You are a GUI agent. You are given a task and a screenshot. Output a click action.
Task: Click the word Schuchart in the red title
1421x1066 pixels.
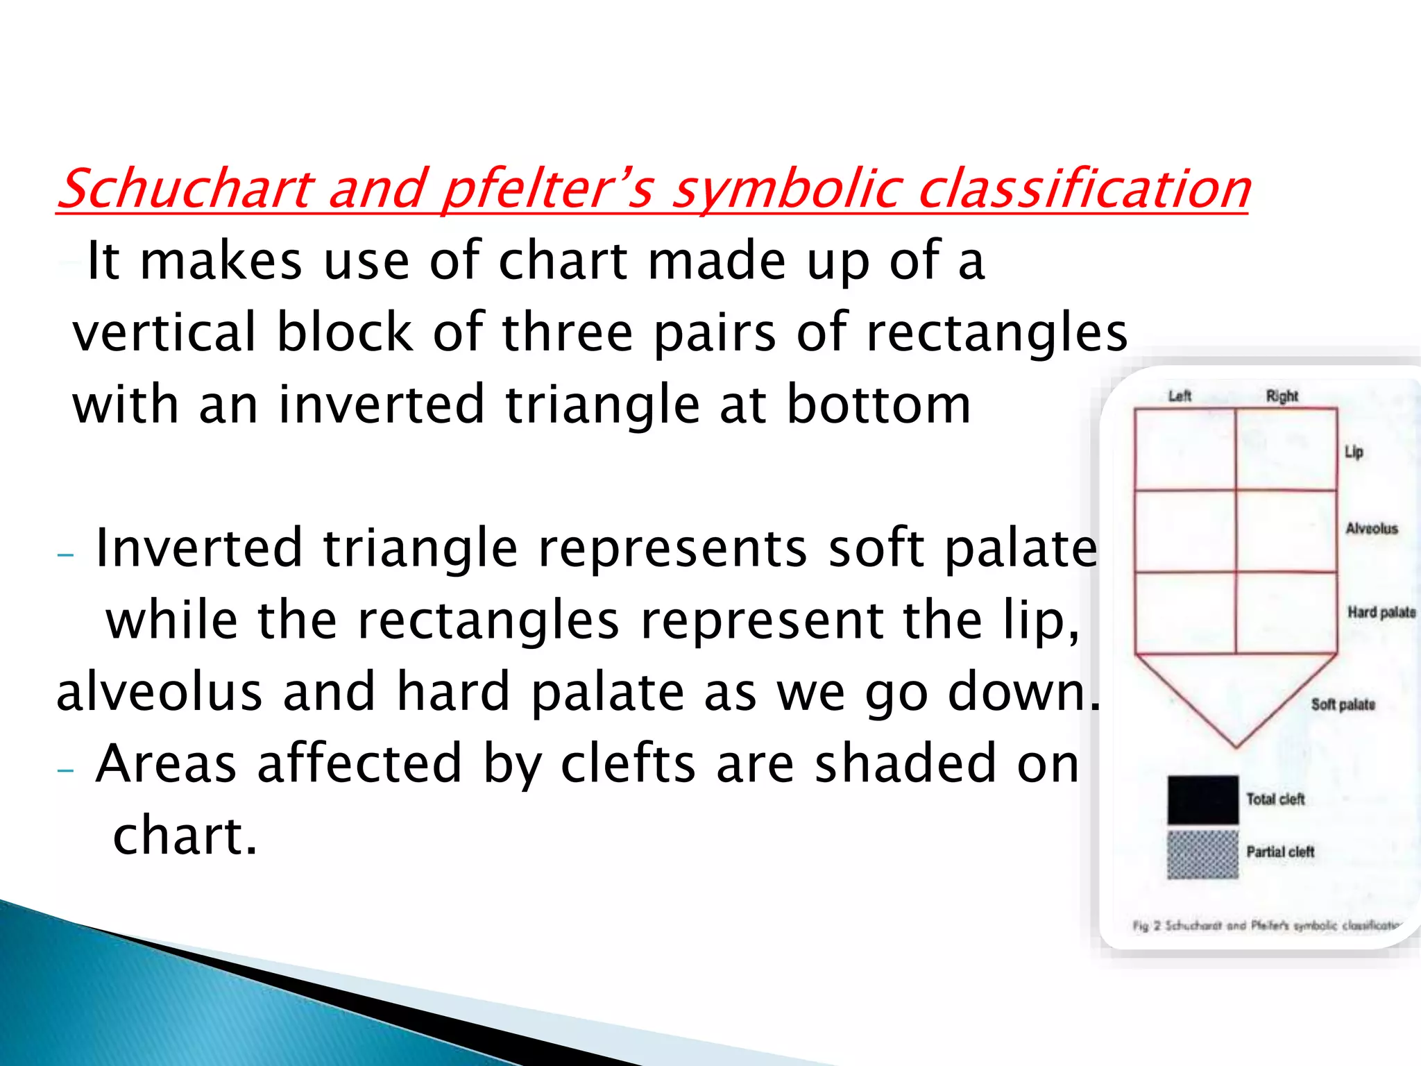pyautogui.click(x=186, y=189)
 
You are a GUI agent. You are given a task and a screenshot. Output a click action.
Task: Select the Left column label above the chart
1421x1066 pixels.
pyautogui.click(x=1180, y=396)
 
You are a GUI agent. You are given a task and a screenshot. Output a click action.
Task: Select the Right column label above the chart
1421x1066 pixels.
pyautogui.click(x=1282, y=396)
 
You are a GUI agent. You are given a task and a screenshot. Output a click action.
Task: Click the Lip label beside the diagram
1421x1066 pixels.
pyautogui.click(x=1354, y=452)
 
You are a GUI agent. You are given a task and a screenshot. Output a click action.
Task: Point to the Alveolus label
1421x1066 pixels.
pyautogui.click(x=1371, y=529)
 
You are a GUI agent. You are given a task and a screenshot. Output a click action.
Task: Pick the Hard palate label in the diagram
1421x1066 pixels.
pyautogui.click(x=1381, y=612)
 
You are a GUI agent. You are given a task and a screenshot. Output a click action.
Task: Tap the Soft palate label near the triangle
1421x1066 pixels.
pyautogui.click(x=1343, y=704)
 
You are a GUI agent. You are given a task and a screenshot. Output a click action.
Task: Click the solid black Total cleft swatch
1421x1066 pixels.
pyautogui.click(x=1202, y=799)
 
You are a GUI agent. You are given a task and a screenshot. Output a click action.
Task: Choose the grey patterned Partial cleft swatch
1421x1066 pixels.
pyautogui.click(x=1202, y=854)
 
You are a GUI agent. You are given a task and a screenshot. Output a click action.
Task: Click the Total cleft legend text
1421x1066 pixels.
pyautogui.click(x=1275, y=799)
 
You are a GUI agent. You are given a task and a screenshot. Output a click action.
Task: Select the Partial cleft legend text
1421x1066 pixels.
pyautogui.click(x=1280, y=852)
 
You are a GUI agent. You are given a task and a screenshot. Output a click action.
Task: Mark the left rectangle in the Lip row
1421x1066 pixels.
pyautogui.click(x=1185, y=450)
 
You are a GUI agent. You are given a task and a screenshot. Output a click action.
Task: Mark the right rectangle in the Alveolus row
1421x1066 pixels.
pyautogui.click(x=1286, y=532)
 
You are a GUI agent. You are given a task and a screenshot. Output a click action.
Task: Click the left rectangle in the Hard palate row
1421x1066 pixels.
pyautogui.click(x=1185, y=613)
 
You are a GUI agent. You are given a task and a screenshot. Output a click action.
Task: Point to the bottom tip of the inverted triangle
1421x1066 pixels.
pyautogui.click(x=1236, y=746)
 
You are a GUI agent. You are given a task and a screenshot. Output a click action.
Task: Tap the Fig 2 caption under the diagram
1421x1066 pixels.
pyautogui.click(x=1266, y=925)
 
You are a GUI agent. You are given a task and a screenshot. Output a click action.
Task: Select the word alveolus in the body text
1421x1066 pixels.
pyautogui.click(x=159, y=692)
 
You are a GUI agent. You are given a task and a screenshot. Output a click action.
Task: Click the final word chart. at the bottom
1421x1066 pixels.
pyautogui.click(x=185, y=836)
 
